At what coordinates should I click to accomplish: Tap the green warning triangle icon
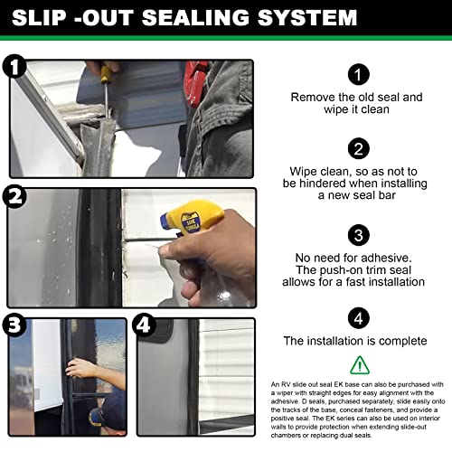(359, 364)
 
